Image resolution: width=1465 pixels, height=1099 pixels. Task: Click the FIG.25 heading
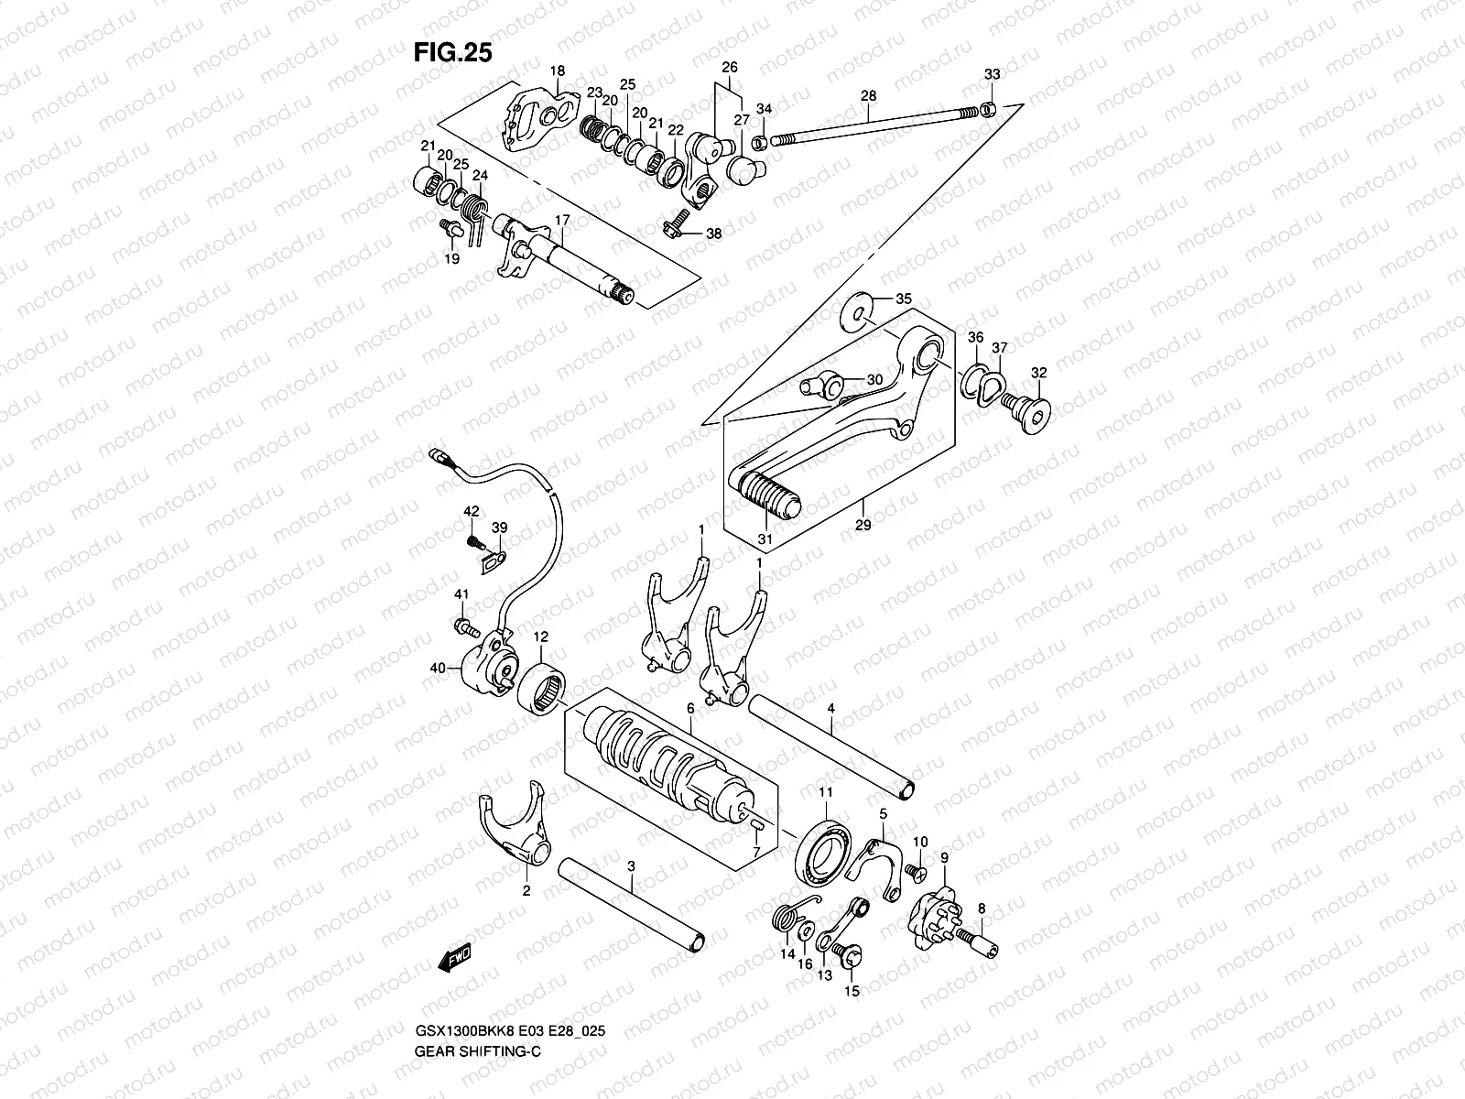[x=452, y=52]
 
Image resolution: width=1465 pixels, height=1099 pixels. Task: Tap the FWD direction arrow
[x=454, y=959]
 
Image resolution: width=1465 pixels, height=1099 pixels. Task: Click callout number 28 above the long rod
[x=869, y=96]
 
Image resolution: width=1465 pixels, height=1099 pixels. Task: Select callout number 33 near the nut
[x=992, y=74]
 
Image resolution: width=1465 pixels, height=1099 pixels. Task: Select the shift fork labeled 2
[x=513, y=829]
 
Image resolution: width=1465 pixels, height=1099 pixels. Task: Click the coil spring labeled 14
[x=786, y=919]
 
